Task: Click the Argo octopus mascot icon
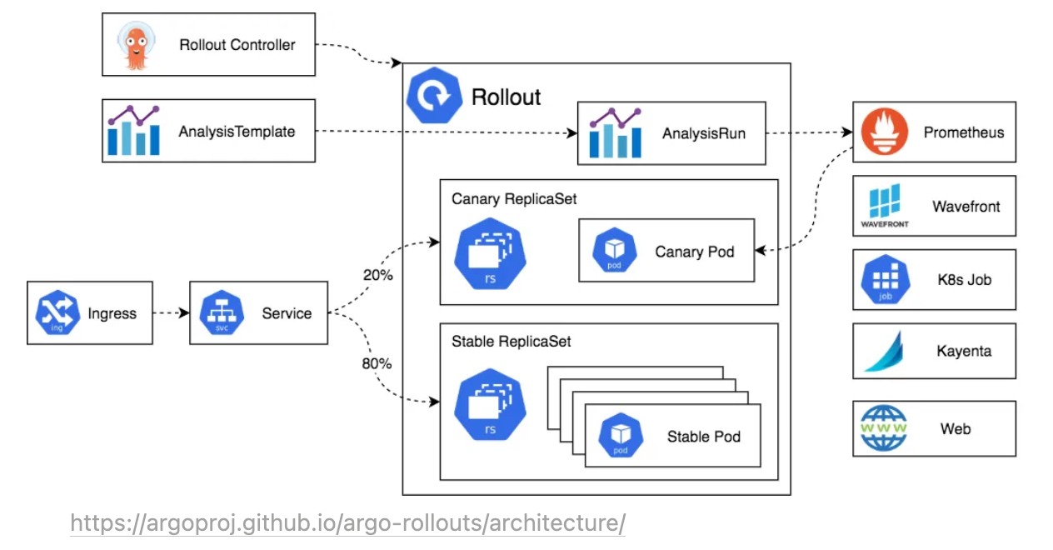(x=137, y=46)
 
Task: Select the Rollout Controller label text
(x=237, y=45)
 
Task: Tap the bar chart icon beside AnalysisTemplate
(x=133, y=130)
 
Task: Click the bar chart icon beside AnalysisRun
(x=616, y=132)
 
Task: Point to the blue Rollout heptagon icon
(x=434, y=96)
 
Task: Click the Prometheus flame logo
(x=884, y=132)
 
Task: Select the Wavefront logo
(x=885, y=206)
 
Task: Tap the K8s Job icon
(x=886, y=279)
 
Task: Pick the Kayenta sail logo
(x=885, y=351)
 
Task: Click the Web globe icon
(x=884, y=428)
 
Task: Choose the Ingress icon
(x=57, y=312)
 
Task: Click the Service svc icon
(x=222, y=312)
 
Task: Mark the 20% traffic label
(x=378, y=275)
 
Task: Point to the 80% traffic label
(x=377, y=363)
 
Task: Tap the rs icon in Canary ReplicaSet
(x=491, y=254)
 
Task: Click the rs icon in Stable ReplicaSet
(x=491, y=405)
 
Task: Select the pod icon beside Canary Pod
(x=615, y=250)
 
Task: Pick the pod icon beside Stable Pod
(x=621, y=435)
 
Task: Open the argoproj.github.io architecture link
(x=348, y=522)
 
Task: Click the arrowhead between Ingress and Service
(x=184, y=312)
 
